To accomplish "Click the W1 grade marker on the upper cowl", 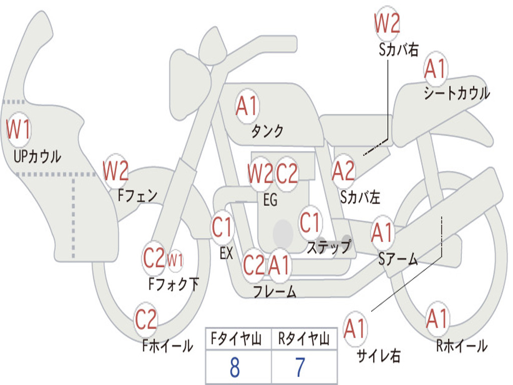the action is pos(19,130).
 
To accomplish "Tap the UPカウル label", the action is pos(37,156).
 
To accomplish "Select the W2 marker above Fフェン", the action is pos(115,170).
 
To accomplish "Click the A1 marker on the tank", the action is pos(247,106).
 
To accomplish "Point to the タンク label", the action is pos(267,131).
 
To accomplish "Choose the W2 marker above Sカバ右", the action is pos(387,24).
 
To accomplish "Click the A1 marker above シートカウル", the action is pos(435,69).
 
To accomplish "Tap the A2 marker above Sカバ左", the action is pos(343,171).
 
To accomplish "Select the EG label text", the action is pos(270,200).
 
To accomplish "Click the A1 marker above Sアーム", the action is pos(382,233).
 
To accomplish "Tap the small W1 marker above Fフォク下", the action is pos(175,261).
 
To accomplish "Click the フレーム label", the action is pos(275,291).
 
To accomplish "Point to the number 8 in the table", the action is pos(235,367).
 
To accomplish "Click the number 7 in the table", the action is pos(300,367).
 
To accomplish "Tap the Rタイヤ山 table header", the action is pos(304,339).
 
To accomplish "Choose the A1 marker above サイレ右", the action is pos(355,328).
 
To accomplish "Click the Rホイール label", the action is pos(462,346).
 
